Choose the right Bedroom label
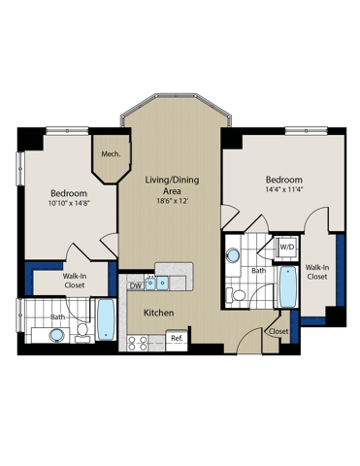click(284, 181)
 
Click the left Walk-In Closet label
click(60, 282)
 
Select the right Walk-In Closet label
click(317, 272)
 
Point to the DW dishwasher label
click(136, 284)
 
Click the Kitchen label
click(158, 314)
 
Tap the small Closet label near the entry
click(278, 331)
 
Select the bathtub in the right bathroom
click(287, 285)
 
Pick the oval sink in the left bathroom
click(57, 335)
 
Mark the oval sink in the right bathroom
click(234, 256)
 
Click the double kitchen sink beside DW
click(159, 284)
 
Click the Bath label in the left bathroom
click(58, 316)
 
